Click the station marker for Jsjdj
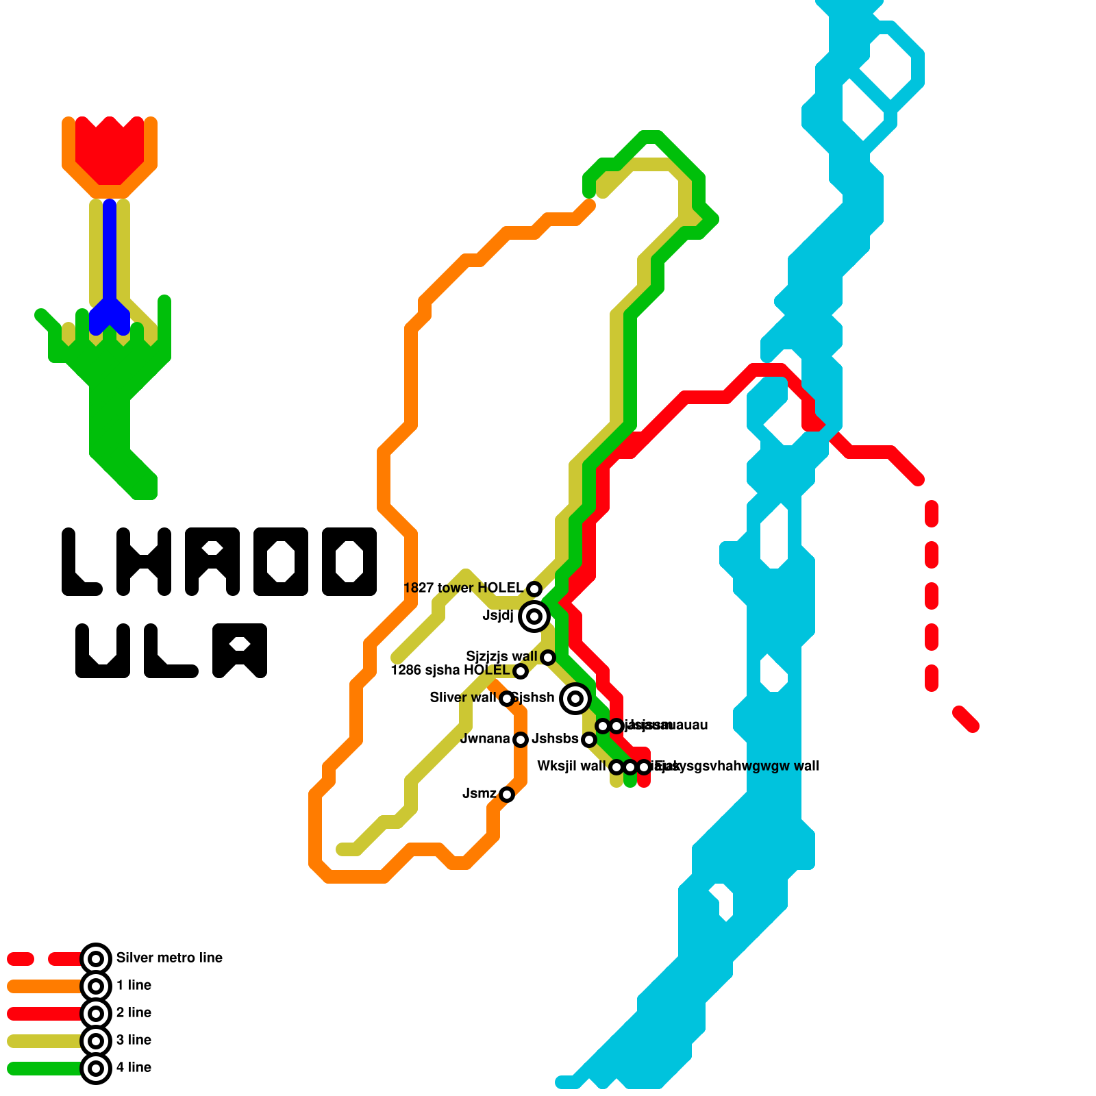coord(534,616)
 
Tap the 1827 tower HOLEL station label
coord(463,588)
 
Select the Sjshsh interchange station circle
coord(575,698)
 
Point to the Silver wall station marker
coord(507,698)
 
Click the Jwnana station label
coord(485,738)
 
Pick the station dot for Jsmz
coord(507,794)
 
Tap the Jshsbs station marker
coord(589,739)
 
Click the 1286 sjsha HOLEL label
coord(450,670)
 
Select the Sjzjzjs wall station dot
coord(548,657)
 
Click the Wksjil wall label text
coord(571,766)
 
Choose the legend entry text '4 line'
coord(134,1067)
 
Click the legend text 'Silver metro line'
coord(169,958)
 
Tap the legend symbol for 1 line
coord(96,986)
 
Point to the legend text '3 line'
coord(134,1040)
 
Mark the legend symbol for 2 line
coord(96,1013)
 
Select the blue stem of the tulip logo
coord(110,260)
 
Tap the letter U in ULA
coord(103,651)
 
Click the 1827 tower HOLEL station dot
coord(534,588)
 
